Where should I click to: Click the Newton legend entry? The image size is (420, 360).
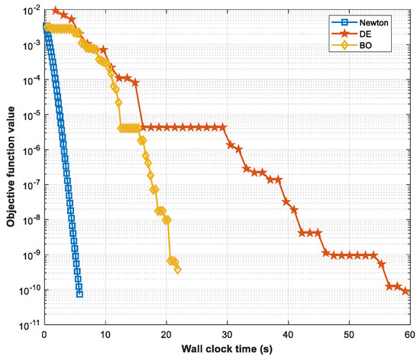[374, 22]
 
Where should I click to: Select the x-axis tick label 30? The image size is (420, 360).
[227, 336]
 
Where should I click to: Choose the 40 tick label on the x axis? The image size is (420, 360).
[288, 336]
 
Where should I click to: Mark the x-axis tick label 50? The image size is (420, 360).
[349, 336]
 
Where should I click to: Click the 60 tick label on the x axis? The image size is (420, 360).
[409, 336]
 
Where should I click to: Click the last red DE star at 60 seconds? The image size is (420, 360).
[406, 291]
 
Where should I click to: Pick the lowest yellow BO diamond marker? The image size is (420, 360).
[177, 269]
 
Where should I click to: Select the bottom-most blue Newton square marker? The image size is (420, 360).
[79, 294]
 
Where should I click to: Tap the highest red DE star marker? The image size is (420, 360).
[56, 11]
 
